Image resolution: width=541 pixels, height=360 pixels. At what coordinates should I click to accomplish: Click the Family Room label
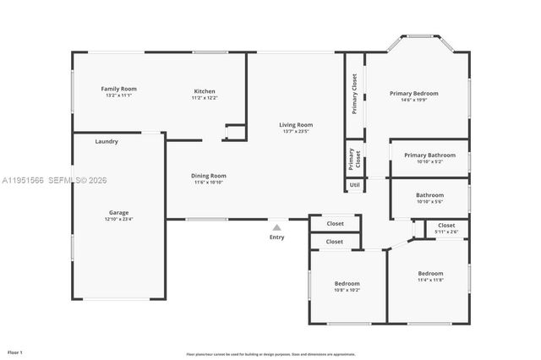(118, 89)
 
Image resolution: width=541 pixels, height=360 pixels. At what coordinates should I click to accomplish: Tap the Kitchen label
(205, 91)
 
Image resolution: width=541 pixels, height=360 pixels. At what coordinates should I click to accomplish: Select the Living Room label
(296, 125)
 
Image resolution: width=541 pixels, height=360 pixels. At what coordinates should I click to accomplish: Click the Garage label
(118, 212)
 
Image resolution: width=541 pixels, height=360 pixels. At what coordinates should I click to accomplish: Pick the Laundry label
(107, 142)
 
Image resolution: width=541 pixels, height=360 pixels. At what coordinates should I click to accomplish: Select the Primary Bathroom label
(429, 155)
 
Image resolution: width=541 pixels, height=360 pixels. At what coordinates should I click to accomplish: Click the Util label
(354, 184)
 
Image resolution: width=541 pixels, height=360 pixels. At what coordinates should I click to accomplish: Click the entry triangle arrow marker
(276, 226)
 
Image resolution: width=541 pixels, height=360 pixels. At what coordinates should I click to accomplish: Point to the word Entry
(276, 237)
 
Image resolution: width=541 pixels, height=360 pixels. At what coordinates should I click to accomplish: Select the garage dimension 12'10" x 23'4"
(118, 219)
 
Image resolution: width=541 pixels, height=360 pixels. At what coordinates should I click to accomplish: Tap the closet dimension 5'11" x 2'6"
(445, 232)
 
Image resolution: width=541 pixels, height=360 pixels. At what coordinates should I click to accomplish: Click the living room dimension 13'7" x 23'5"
(296, 132)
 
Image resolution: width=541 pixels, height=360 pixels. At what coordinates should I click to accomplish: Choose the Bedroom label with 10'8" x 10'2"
(347, 283)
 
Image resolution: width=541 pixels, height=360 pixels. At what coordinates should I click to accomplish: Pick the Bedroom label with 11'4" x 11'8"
(430, 273)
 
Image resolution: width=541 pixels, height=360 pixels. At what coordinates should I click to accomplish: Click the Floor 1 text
(15, 351)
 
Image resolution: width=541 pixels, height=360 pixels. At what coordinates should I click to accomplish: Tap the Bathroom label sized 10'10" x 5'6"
(429, 195)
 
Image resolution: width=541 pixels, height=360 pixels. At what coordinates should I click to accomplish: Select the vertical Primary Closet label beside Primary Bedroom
(354, 93)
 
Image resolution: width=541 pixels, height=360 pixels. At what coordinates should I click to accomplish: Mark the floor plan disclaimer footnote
(270, 353)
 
